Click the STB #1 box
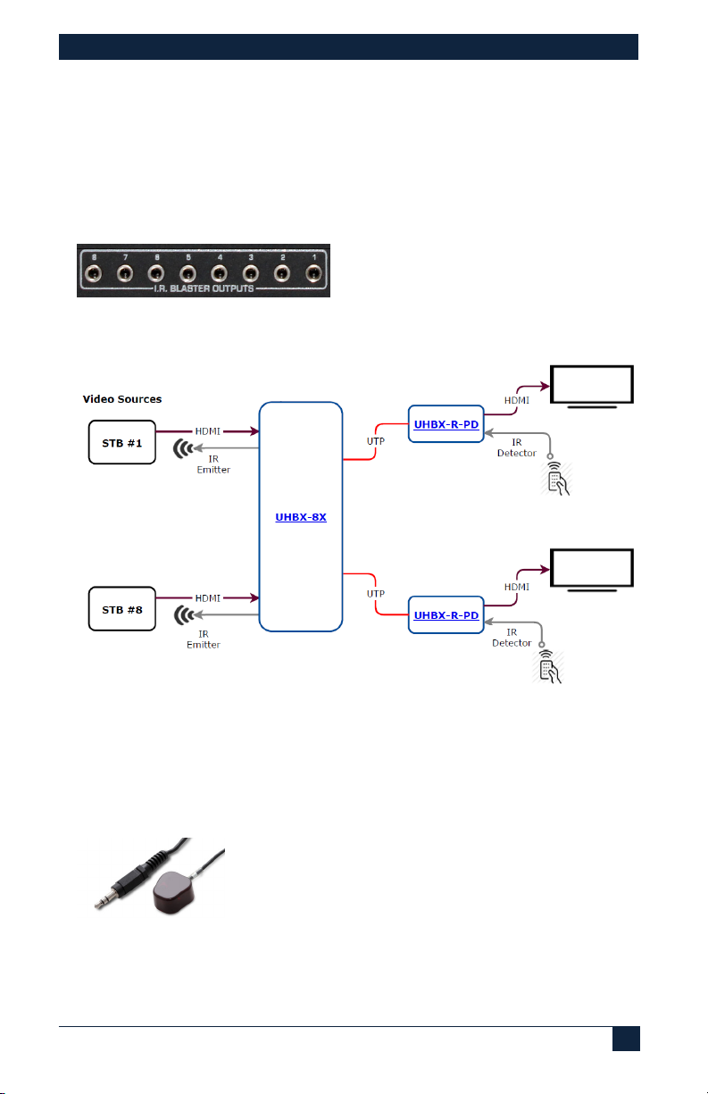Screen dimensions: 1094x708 pyautogui.click(x=122, y=441)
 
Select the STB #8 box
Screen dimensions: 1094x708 pyautogui.click(x=122, y=609)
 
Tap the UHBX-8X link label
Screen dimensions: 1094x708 pyautogui.click(x=300, y=517)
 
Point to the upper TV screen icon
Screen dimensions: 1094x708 pyautogui.click(x=592, y=385)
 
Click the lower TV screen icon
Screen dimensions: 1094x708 pyautogui.click(x=592, y=570)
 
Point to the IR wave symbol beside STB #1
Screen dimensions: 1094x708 pyautogui.click(x=185, y=448)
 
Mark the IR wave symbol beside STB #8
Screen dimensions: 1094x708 pyautogui.click(x=185, y=616)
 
